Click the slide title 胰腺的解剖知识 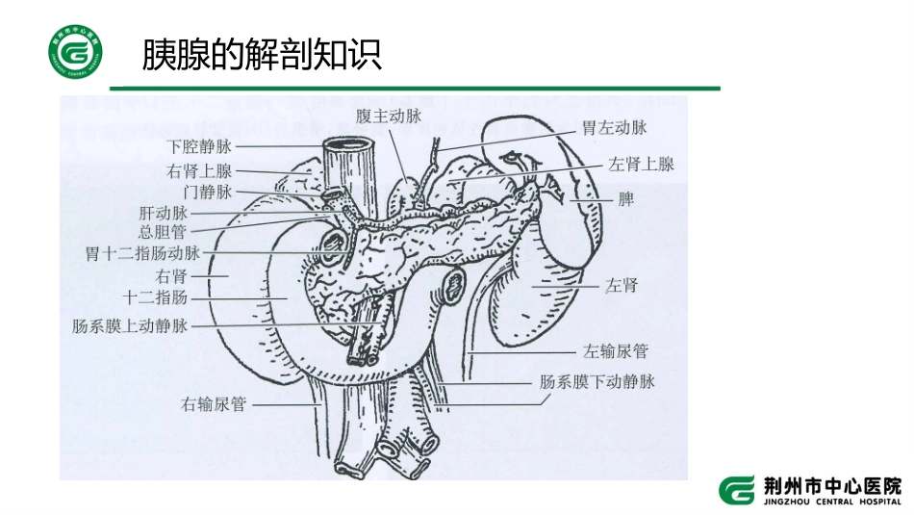point(262,55)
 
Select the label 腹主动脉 point(389,117)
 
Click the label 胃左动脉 point(613,127)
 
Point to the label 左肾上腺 point(641,164)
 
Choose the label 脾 point(625,201)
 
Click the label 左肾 point(622,286)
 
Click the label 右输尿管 point(214,403)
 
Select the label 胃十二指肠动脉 point(142,254)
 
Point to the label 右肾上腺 point(198,171)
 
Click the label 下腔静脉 point(198,147)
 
